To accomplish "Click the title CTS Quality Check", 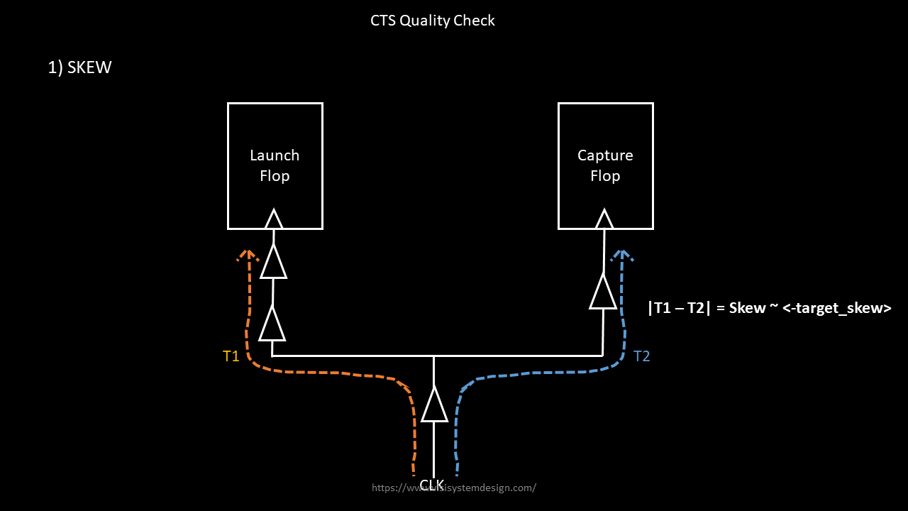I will [433, 21].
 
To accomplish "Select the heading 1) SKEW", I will [79, 68].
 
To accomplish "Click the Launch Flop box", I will [275, 166].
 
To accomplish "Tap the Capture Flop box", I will [605, 166].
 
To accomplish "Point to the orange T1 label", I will [231, 356].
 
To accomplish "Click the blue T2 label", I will [641, 356].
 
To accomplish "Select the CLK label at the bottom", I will [432, 485].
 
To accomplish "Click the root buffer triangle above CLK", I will [434, 406].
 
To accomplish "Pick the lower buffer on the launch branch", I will [272, 324].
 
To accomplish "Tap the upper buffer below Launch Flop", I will [273, 262].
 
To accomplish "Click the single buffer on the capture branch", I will [603, 292].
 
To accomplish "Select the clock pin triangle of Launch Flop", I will [274, 219].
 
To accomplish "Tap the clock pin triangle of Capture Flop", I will [604, 219].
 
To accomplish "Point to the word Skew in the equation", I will [747, 308].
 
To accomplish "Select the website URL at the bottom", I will [454, 488].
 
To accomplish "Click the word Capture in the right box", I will [605, 155].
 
